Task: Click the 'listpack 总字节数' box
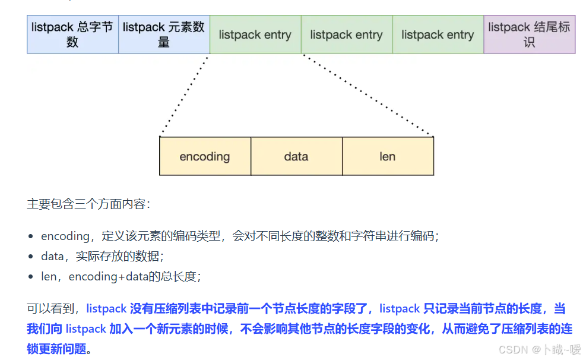point(72,34)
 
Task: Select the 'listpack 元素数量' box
point(164,34)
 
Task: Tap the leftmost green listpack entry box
point(255,34)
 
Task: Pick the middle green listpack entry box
point(347,34)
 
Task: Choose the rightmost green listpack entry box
point(438,34)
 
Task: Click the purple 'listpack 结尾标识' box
point(530,34)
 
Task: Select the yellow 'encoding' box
point(205,157)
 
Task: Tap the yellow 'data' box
point(296,157)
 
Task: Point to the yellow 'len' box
point(388,157)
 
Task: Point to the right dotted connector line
point(368,95)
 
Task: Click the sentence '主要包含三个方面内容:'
point(89,204)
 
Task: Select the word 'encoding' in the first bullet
point(65,236)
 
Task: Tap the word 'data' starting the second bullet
point(52,257)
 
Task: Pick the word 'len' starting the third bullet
point(49,277)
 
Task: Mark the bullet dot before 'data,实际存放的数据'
point(31,257)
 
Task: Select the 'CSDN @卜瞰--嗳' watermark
point(539,349)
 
